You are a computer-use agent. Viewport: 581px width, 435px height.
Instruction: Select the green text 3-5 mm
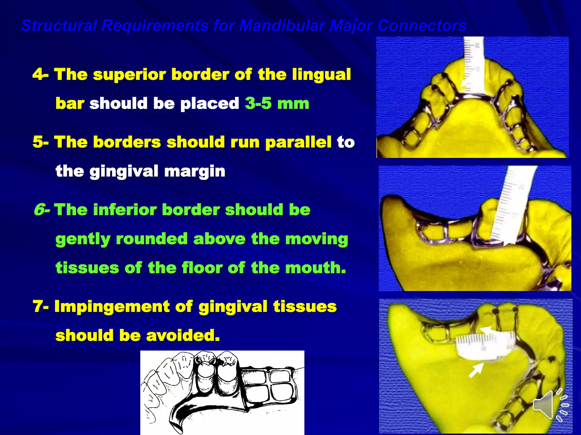[277, 103]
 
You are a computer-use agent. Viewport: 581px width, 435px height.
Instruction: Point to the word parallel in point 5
[298, 142]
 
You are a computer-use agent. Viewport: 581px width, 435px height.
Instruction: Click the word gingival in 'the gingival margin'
[124, 171]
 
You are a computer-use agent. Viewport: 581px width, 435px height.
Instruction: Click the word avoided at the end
[183, 336]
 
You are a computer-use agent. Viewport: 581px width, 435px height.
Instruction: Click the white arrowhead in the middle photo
[509, 242]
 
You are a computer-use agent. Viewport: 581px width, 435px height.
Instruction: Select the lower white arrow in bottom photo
[476, 370]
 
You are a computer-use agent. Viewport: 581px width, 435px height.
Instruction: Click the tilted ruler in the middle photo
[511, 204]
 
